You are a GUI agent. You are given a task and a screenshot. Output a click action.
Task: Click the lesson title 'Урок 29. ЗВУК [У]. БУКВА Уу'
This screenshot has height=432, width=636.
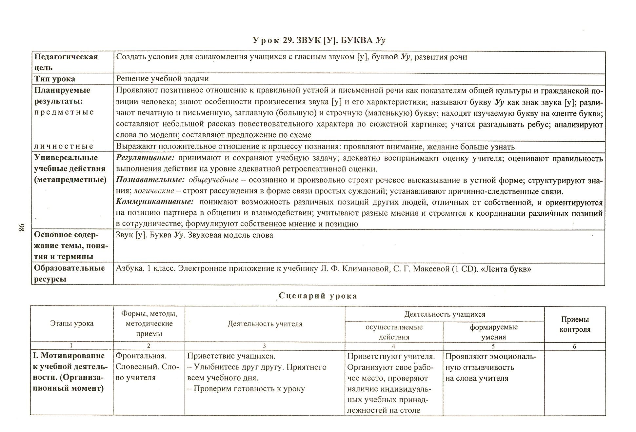(319, 40)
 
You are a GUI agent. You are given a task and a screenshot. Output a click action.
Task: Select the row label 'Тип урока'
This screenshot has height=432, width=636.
(55, 79)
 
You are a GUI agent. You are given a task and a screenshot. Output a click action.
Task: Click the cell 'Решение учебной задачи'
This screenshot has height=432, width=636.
(162, 79)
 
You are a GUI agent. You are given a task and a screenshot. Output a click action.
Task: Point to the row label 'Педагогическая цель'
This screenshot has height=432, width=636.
(66, 62)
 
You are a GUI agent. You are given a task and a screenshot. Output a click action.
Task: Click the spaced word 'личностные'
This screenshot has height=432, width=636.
(64, 146)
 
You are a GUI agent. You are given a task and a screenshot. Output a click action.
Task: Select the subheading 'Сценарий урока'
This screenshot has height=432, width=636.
(318, 296)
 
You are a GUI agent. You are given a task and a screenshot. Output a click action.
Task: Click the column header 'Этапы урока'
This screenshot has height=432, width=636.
(72, 324)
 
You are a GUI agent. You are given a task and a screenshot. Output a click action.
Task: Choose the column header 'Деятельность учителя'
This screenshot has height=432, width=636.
(265, 324)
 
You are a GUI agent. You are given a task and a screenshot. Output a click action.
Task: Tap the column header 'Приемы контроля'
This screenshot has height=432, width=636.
(575, 324)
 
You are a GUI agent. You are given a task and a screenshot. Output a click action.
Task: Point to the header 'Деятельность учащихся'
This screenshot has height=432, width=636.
(445, 314)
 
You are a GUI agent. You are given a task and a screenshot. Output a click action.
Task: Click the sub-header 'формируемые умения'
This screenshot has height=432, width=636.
(493, 332)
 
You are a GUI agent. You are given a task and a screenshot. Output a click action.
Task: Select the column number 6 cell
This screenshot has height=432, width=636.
(575, 346)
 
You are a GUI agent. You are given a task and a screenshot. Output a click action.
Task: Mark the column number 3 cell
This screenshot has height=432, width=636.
(264, 346)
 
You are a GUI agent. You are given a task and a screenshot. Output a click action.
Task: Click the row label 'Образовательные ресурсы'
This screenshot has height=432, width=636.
(69, 273)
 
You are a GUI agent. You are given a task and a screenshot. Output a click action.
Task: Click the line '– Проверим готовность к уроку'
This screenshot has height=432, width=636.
(246, 389)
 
